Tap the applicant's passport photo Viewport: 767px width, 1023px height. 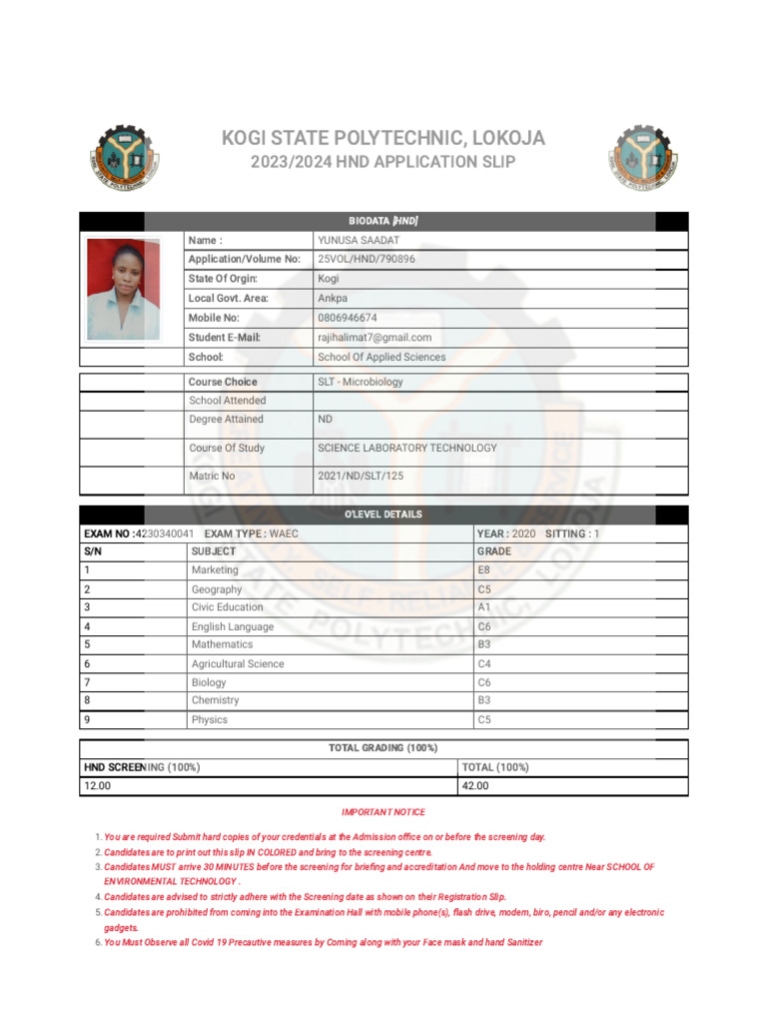point(123,288)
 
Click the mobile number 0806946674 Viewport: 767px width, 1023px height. point(348,318)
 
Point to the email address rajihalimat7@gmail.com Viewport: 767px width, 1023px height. point(375,338)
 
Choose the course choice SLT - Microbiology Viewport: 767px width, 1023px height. point(361,382)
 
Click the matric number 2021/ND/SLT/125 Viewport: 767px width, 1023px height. point(361,476)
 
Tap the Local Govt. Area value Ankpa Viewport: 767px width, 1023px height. point(333,298)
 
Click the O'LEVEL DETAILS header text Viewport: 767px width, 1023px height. point(383,514)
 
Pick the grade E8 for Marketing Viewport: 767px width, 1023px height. point(484,569)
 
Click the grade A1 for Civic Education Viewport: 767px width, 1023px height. point(484,607)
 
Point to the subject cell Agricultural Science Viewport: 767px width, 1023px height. point(238,663)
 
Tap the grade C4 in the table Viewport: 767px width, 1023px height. point(484,663)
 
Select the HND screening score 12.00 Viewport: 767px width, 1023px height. point(97,786)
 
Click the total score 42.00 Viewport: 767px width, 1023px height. point(474,786)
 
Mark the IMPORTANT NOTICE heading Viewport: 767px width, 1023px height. point(383,812)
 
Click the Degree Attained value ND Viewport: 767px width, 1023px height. point(326,420)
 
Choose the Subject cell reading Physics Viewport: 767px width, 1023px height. point(210,719)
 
